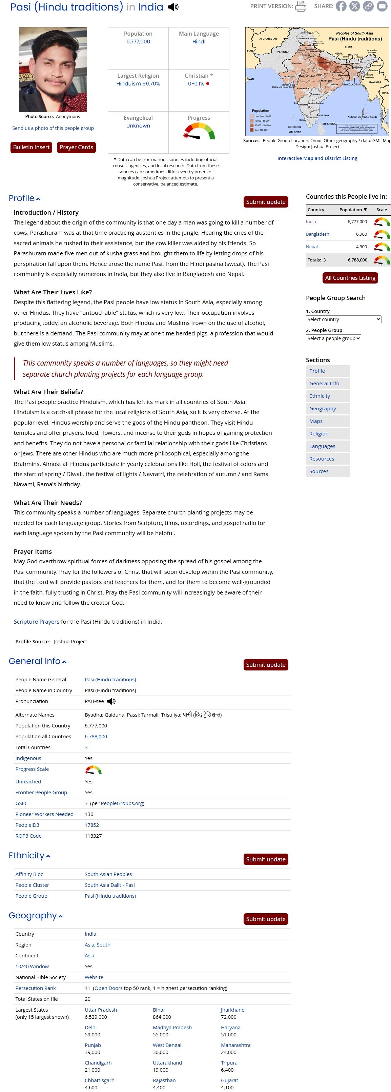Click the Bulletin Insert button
(32, 147)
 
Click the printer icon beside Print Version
(300, 6)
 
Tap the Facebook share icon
(341, 6)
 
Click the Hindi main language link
(199, 41)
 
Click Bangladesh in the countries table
(317, 234)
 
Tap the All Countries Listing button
(350, 278)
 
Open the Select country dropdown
(343, 319)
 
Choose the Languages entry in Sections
(322, 446)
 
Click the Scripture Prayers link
(37, 621)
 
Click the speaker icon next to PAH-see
(111, 701)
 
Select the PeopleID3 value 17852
(91, 825)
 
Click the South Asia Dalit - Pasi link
(109, 885)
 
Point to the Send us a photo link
(53, 128)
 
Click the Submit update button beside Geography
(266, 919)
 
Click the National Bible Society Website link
(94, 977)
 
